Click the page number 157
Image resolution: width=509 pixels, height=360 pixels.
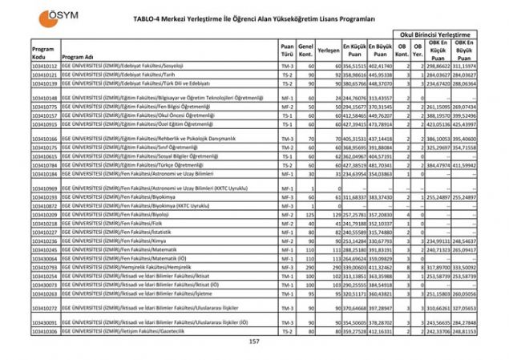(255, 342)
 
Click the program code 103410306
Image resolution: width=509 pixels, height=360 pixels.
(45, 330)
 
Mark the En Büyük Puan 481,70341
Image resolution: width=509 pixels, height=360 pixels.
(381, 165)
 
